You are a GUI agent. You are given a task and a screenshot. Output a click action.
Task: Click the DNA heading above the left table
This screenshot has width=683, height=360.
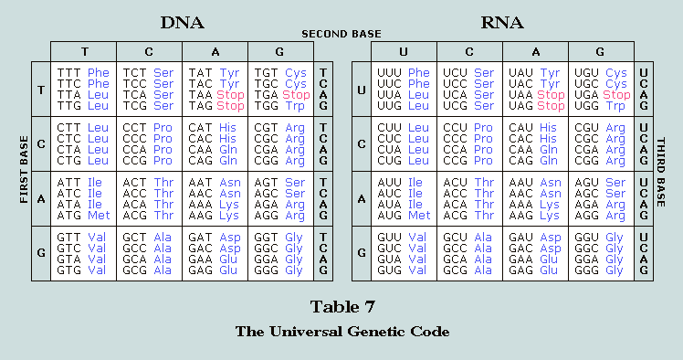click(x=182, y=23)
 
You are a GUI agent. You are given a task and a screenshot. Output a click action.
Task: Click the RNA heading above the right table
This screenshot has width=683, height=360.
click(x=502, y=23)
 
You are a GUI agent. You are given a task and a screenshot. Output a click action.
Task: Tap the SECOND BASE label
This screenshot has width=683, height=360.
click(x=341, y=34)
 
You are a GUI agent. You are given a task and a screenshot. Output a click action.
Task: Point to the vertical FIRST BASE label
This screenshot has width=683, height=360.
click(x=24, y=170)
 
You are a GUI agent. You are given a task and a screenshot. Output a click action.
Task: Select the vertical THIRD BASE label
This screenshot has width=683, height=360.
click(x=661, y=172)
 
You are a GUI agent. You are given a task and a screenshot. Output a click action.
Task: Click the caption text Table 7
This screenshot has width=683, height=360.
click(x=342, y=307)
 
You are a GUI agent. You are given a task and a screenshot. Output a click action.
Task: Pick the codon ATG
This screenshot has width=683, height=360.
click(x=68, y=216)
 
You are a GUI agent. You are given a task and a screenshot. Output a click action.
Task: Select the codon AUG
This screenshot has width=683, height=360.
click(x=389, y=216)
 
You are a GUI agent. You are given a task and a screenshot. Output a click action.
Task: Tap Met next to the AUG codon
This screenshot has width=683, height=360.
click(x=419, y=216)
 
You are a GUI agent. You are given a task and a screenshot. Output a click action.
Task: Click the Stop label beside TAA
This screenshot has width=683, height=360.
click(x=230, y=95)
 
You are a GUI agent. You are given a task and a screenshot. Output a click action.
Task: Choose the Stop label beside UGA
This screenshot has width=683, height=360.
click(x=616, y=95)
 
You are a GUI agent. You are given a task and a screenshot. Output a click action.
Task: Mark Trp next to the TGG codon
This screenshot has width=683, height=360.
click(x=295, y=106)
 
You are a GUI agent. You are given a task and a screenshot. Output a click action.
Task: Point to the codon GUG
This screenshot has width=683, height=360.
click(x=389, y=270)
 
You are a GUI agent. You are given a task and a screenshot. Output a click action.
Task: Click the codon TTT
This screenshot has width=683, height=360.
click(x=68, y=73)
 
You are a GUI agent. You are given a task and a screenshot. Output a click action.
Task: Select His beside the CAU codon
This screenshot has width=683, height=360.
click(x=548, y=128)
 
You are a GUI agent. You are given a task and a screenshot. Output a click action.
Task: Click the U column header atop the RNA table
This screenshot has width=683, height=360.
click(x=404, y=52)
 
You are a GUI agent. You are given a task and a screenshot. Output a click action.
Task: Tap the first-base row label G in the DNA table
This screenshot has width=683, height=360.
click(x=41, y=253)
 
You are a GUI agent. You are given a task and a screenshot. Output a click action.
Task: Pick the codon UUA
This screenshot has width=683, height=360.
click(x=389, y=95)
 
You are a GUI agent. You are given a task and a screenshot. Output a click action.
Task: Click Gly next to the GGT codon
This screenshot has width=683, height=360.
click(x=294, y=238)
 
